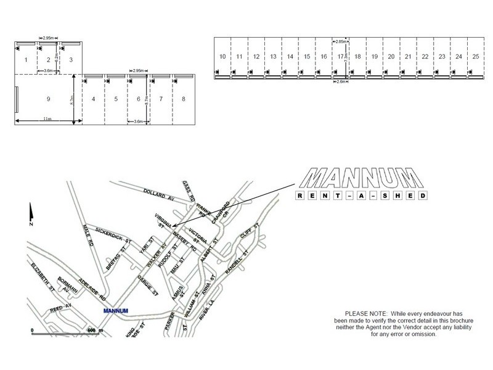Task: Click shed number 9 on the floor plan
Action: coord(47,99)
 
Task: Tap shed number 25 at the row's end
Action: coord(476,57)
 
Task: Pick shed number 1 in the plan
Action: coord(26,60)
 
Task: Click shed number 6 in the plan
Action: coord(139,99)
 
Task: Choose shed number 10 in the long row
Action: coord(222,57)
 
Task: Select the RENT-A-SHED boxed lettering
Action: coord(361,196)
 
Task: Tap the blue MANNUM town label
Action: coord(115,310)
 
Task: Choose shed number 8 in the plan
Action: coord(184,99)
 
